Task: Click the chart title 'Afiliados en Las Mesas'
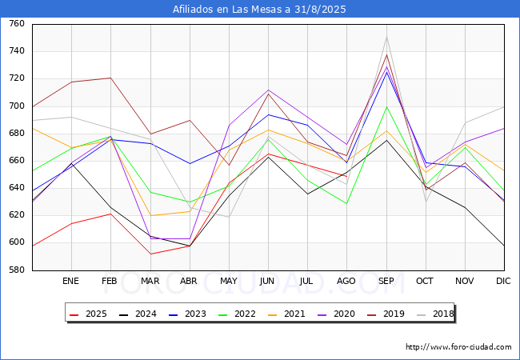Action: [x=260, y=10]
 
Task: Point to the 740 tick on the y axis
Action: [x=16, y=51]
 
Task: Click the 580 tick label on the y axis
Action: [x=16, y=270]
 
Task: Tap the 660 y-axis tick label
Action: [x=16, y=161]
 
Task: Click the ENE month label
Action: [x=71, y=282]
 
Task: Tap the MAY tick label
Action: [x=229, y=282]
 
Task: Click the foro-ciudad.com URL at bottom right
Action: [x=458, y=347]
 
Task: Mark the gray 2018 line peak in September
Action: [x=386, y=37]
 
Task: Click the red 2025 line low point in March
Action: [x=150, y=254]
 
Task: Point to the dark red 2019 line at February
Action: [x=110, y=78]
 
